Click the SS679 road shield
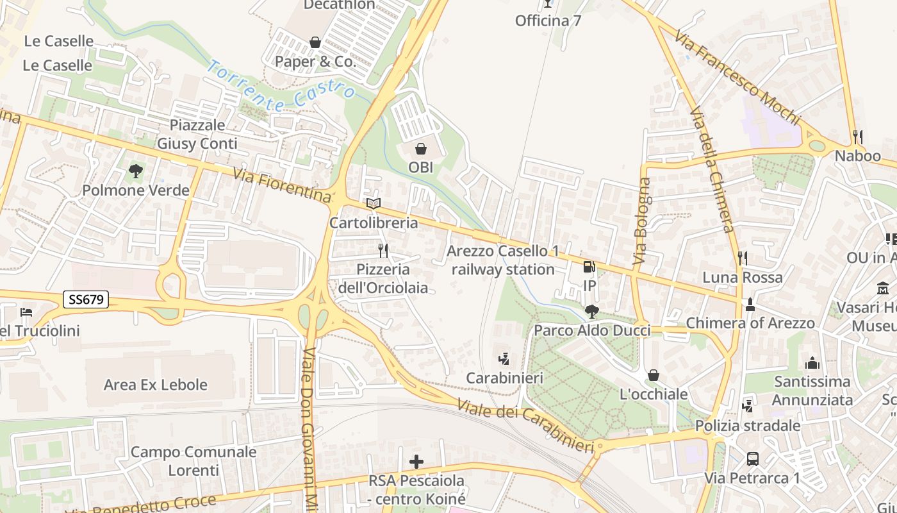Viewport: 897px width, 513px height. click(86, 299)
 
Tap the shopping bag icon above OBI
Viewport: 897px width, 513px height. click(421, 149)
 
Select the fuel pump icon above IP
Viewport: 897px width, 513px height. click(589, 267)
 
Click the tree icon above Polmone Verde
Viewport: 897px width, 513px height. click(135, 171)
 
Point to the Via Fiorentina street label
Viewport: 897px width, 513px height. click(282, 185)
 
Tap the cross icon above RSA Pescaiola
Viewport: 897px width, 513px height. click(416, 462)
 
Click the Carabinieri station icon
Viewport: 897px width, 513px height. click(504, 359)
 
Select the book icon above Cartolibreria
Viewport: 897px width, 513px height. click(374, 204)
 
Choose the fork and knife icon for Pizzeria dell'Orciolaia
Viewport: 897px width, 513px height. click(383, 250)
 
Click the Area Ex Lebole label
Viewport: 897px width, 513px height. click(156, 385)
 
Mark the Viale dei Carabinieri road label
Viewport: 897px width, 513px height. click(526, 425)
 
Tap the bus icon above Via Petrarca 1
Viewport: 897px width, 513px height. click(753, 459)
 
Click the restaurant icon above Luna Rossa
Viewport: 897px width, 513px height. click(743, 258)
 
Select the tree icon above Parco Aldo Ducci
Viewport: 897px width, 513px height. click(592, 312)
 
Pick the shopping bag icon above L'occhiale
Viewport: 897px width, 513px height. click(654, 375)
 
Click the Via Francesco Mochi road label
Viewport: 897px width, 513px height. click(737, 76)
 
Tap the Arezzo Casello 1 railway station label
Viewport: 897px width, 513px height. click(503, 260)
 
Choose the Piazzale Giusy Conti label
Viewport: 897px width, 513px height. click(197, 134)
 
